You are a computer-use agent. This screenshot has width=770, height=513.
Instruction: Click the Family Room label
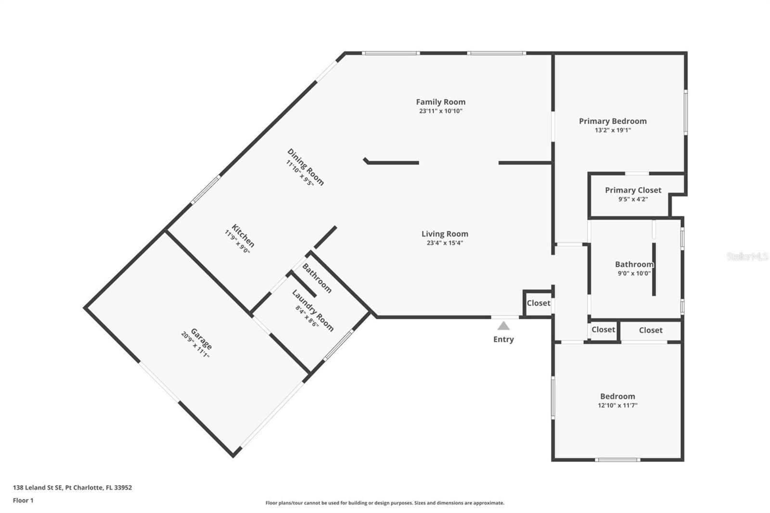(x=441, y=102)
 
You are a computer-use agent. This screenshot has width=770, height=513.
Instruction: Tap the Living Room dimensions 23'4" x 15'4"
(x=445, y=243)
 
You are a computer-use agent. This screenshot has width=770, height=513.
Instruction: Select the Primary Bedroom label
(x=613, y=121)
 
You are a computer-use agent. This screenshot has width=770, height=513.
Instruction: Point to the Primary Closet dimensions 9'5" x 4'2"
(x=633, y=199)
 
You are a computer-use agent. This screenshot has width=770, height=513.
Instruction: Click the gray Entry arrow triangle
(x=503, y=326)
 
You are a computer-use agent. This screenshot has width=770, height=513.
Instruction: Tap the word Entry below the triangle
(x=503, y=339)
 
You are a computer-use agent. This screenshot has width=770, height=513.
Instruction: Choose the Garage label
(x=201, y=339)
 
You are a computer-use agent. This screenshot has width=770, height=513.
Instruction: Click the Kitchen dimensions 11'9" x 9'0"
(x=237, y=242)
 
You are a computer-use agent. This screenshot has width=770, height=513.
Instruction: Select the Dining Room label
(x=306, y=167)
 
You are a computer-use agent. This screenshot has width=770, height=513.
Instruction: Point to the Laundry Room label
(x=313, y=310)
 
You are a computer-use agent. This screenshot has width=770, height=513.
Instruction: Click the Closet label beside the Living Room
(x=539, y=303)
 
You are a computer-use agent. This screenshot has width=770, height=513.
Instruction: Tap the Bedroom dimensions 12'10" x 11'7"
(x=617, y=405)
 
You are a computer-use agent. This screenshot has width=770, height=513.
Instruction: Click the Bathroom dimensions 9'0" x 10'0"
(x=634, y=273)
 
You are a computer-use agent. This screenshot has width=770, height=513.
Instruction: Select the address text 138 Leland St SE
(x=38, y=487)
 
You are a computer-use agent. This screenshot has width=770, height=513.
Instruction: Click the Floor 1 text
(x=23, y=500)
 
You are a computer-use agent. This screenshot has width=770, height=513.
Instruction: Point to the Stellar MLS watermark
(x=747, y=256)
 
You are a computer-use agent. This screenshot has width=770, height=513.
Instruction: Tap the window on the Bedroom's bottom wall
(x=617, y=460)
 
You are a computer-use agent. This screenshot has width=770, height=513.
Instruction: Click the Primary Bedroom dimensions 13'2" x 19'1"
(x=613, y=130)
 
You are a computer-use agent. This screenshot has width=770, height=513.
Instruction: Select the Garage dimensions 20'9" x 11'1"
(x=195, y=345)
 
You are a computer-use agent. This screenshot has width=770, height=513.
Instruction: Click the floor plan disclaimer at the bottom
(x=385, y=503)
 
